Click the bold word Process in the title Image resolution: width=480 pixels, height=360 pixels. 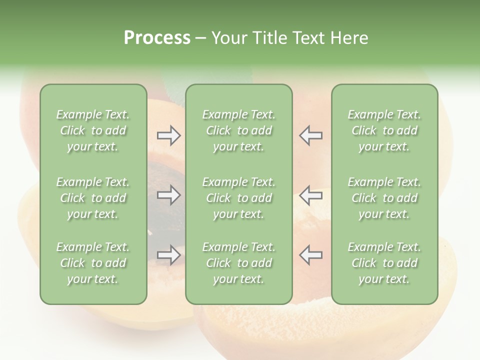tap(157, 38)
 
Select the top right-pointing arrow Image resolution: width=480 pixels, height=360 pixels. tap(168, 135)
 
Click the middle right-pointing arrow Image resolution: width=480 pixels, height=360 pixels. tap(168, 195)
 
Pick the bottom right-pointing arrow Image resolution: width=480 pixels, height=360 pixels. tap(168, 255)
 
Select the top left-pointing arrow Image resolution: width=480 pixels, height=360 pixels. tap(310, 135)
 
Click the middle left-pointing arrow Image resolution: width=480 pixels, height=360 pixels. tap(310, 195)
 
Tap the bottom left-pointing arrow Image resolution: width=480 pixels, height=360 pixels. tap(310, 255)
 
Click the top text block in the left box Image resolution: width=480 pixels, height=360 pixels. tap(93, 130)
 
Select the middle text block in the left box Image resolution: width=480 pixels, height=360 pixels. tap(93, 198)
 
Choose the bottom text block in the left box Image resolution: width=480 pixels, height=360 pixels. tap(93, 263)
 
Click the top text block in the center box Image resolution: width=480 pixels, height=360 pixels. tap(238, 130)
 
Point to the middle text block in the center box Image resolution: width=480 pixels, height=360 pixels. tap(238, 198)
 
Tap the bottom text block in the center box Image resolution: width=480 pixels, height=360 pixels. tap(238, 263)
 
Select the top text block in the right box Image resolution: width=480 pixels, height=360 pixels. tap(384, 130)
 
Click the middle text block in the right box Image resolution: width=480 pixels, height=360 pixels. tap(384, 198)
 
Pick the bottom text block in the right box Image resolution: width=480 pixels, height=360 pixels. tap(384, 263)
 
